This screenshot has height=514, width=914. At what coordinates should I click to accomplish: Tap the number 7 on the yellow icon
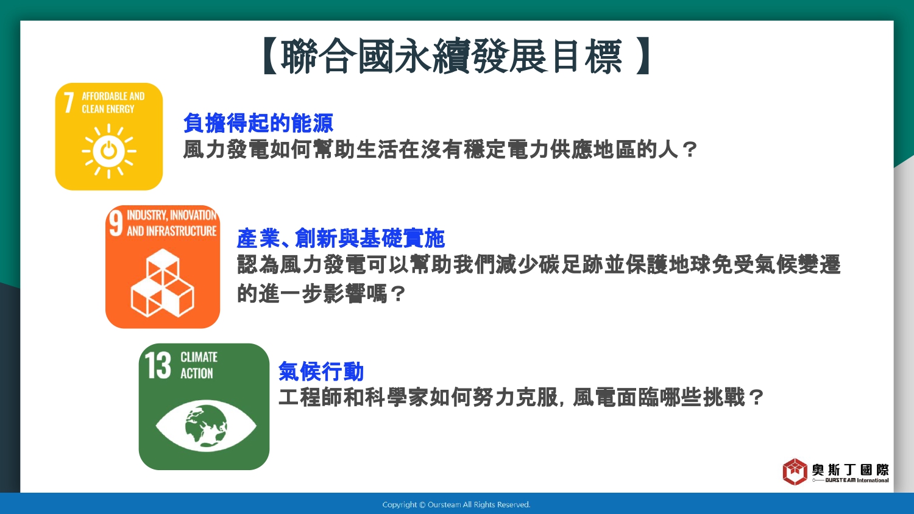[68, 102]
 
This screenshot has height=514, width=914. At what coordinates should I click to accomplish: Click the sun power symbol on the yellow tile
[109, 152]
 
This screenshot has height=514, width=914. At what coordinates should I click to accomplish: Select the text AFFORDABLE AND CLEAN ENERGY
[113, 102]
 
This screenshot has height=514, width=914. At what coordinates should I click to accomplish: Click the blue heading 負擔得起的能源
[258, 123]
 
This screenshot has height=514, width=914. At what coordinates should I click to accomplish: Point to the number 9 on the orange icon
[116, 223]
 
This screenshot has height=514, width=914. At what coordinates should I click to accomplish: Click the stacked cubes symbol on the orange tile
[163, 283]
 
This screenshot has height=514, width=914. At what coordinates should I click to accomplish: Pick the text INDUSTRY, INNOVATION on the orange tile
[171, 215]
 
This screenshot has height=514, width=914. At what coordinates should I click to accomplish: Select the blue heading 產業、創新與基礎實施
[341, 238]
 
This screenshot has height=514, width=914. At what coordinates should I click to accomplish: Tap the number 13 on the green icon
[158, 365]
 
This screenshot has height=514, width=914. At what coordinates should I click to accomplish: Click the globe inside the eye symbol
[206, 426]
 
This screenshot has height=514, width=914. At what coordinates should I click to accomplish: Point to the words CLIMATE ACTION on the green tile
[199, 365]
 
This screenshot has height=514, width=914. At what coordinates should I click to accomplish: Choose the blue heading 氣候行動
[321, 371]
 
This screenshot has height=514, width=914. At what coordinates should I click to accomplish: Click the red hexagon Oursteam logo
[795, 471]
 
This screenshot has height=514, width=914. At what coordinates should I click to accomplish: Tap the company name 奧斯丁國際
[851, 470]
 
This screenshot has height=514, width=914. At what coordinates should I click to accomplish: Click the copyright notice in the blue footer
[456, 505]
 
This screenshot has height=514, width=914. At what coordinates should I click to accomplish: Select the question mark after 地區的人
[690, 150]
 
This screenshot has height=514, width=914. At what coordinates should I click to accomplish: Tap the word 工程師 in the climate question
[310, 397]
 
